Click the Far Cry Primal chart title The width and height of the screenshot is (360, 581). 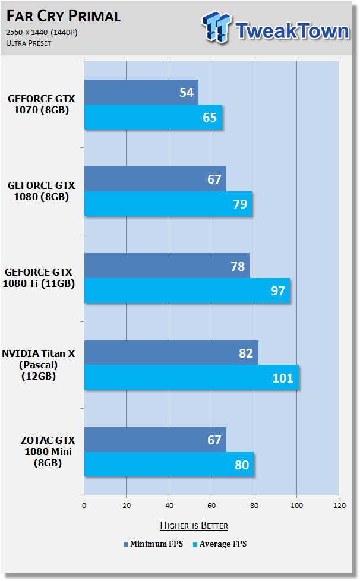click(64, 16)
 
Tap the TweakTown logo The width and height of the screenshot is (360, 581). click(276, 28)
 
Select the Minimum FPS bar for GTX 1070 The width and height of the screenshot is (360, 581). click(141, 92)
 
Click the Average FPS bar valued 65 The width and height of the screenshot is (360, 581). click(153, 117)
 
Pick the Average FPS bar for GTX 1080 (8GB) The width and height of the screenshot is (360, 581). click(168, 204)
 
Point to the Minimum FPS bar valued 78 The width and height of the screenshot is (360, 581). click(167, 266)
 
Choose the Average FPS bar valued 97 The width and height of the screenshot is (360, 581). click(187, 290)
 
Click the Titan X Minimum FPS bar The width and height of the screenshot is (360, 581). click(171, 352)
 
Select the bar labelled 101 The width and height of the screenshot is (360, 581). click(191, 377)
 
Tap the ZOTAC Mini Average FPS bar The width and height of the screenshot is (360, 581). click(169, 465)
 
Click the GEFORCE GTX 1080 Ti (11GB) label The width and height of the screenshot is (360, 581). click(39, 278)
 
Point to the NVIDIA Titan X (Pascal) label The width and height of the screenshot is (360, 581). click(39, 365)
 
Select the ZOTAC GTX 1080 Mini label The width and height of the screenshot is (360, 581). click(48, 451)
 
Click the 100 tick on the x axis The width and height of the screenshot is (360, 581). click(296, 506)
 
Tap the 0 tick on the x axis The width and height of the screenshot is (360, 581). click(84, 506)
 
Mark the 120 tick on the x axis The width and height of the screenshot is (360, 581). click(339, 506)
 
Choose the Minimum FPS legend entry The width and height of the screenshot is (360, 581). click(153, 544)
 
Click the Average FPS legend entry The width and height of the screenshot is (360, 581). click(220, 544)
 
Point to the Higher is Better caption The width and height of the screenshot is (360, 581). click(194, 525)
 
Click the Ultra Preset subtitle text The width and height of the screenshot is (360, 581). click(29, 43)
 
